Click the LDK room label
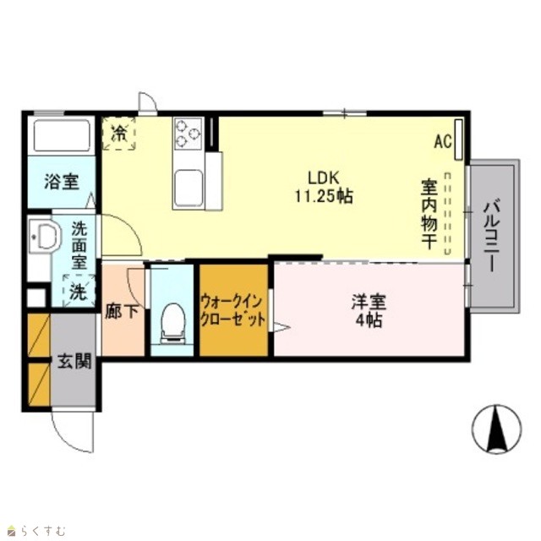pos(323,178)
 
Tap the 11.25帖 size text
pos(324,196)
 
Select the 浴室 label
pos(62,182)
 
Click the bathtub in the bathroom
pos(62,135)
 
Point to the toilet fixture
pos(172,324)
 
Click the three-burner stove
pos(188,134)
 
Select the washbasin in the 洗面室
pos(45,237)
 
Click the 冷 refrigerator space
pos(119,134)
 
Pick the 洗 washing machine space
pos(79,291)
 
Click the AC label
pos(443,141)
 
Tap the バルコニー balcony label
pos(491,237)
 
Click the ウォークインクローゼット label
pos(233,310)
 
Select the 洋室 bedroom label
pos(369,302)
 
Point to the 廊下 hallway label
pos(122,312)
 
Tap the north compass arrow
pos(497,429)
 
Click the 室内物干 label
pos(429,214)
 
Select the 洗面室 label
pos(79,246)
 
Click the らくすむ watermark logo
pos(36,530)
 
